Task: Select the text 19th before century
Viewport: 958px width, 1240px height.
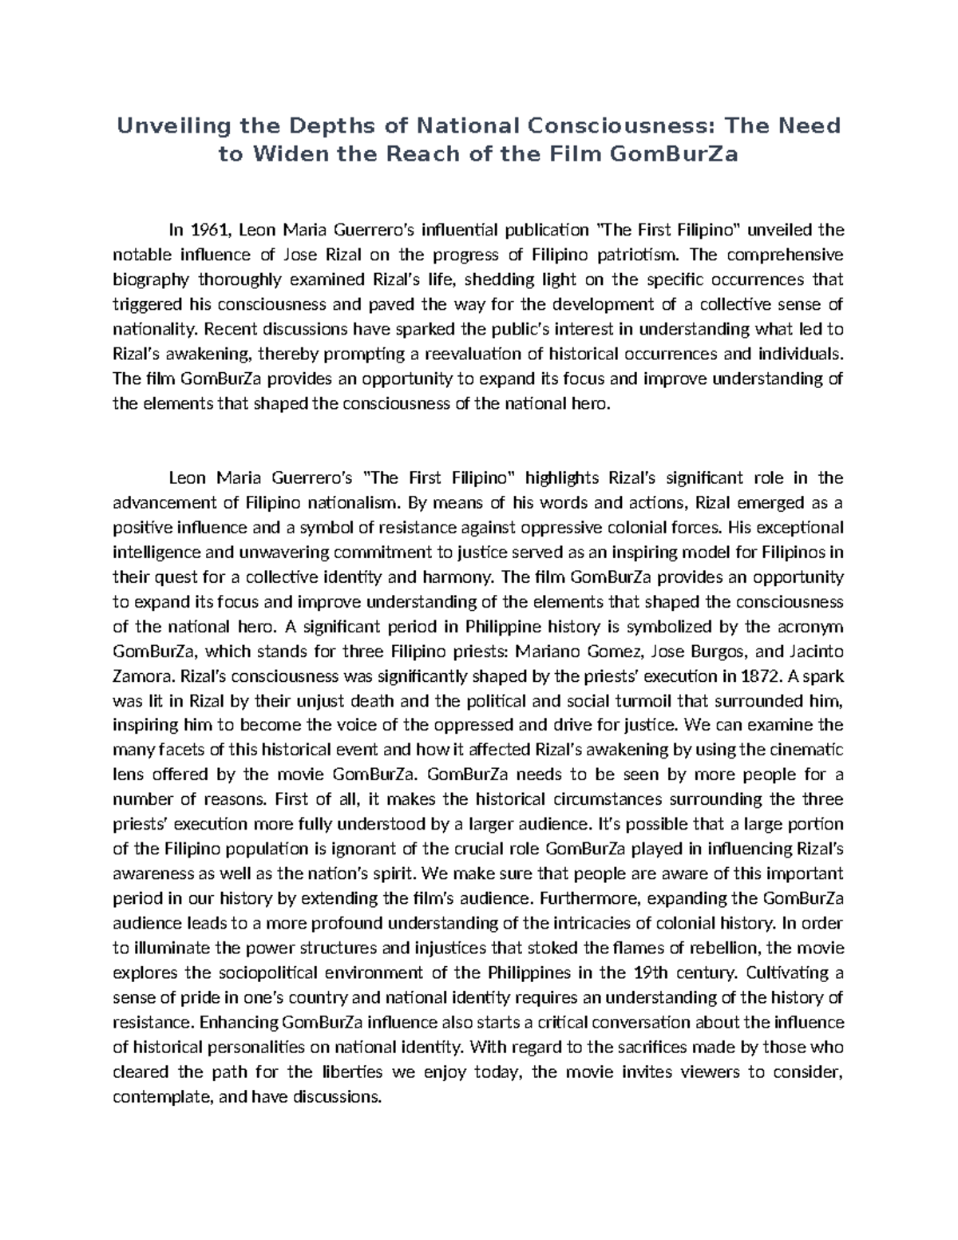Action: (651, 973)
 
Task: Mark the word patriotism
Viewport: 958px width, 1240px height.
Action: (638, 256)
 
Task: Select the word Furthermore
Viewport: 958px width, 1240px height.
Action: (589, 899)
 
